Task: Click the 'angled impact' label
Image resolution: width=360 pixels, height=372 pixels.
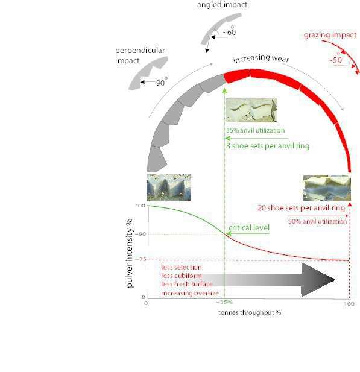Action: coord(222,5)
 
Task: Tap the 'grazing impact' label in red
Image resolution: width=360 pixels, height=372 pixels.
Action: coord(330,35)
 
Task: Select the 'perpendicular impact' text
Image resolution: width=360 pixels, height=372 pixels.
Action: coord(140,55)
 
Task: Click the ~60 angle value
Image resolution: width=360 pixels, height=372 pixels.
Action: coord(229,31)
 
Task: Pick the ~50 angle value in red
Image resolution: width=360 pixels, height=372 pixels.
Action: coord(335,59)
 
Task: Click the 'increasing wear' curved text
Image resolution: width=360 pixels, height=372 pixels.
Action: coord(261,58)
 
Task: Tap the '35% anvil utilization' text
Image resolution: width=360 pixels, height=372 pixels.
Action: coord(255,130)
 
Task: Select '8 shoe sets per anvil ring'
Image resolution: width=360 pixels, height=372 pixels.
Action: coord(268,146)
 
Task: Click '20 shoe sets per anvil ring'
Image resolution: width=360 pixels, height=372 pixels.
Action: coord(301,208)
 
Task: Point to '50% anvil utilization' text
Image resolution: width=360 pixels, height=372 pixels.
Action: coord(318,222)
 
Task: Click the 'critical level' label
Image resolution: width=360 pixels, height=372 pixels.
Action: coord(249,228)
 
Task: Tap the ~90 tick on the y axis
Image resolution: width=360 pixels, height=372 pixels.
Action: coord(141,234)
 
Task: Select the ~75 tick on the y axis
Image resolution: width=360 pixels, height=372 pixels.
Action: coord(141,259)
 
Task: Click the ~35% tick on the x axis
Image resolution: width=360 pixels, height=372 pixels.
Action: coord(224,302)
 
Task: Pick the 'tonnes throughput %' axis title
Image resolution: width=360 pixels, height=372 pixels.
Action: coord(250,313)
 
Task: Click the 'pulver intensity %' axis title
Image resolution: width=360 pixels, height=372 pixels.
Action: coord(129,253)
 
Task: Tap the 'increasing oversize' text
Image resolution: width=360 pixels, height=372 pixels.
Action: coord(191,293)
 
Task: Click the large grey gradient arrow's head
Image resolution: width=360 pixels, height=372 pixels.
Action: coord(317,280)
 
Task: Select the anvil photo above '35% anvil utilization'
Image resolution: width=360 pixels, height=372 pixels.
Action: coord(251,110)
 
